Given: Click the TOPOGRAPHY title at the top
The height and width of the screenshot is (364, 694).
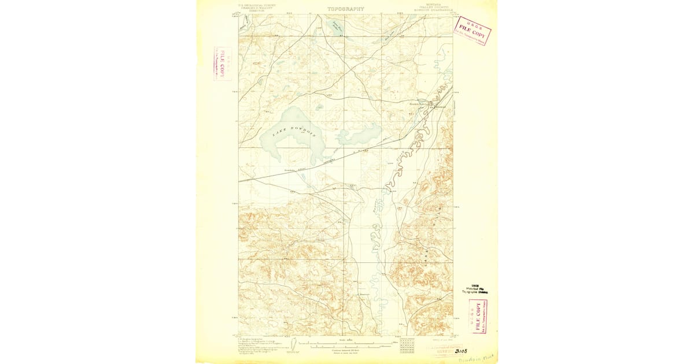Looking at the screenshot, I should (346, 9).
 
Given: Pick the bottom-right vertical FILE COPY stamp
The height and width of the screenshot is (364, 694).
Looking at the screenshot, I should (479, 315).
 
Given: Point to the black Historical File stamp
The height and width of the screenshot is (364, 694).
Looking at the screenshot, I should (474, 289).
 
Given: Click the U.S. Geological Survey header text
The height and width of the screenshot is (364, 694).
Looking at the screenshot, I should (255, 8).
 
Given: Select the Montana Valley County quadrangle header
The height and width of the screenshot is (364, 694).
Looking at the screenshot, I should (430, 8).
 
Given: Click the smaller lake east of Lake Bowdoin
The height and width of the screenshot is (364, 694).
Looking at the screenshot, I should (359, 136).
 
